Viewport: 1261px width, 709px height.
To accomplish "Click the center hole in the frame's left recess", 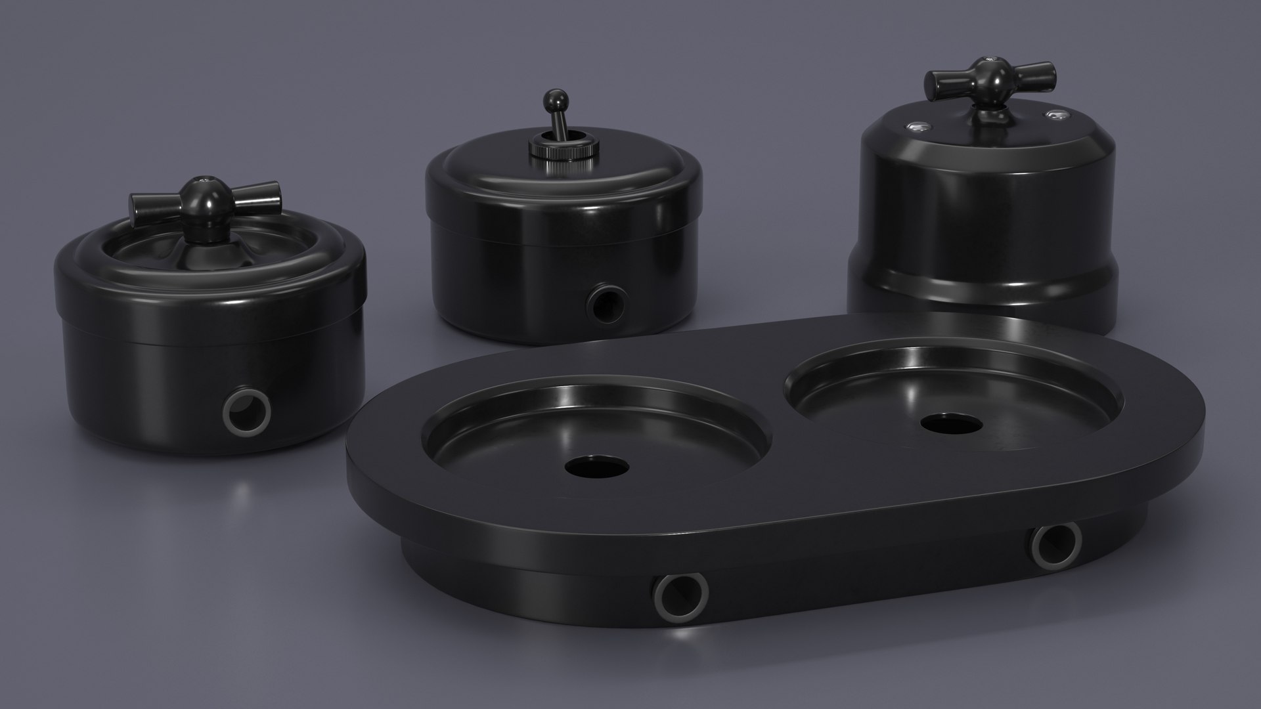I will click(596, 467).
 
